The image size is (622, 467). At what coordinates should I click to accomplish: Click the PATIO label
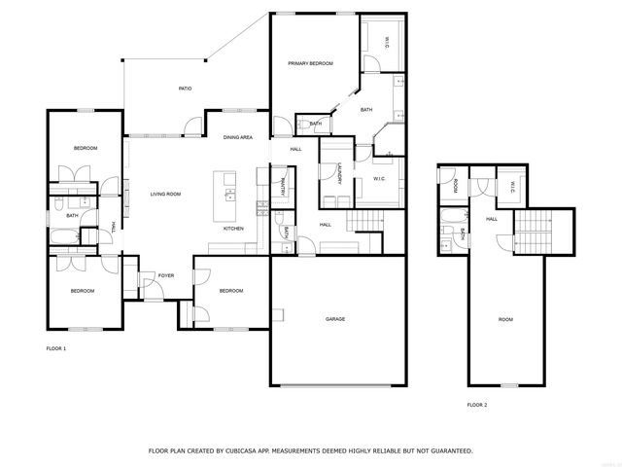tap(185, 89)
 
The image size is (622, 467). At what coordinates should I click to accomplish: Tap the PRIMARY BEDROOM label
tap(310, 63)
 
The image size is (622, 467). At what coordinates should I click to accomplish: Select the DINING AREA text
tap(238, 138)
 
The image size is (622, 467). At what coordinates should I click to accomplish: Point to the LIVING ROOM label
tap(165, 195)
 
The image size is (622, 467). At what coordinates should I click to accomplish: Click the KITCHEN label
tap(233, 229)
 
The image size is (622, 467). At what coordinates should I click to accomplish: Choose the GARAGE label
tap(335, 319)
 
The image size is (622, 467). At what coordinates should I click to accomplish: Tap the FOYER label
tap(166, 275)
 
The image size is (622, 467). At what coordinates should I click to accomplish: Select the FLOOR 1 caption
tap(56, 347)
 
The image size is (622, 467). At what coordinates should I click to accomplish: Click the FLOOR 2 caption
tap(477, 404)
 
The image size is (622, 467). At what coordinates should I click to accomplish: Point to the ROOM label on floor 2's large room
tap(505, 320)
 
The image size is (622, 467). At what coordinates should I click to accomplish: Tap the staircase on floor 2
tap(531, 233)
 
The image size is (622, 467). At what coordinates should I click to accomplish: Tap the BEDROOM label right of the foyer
tap(231, 291)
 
